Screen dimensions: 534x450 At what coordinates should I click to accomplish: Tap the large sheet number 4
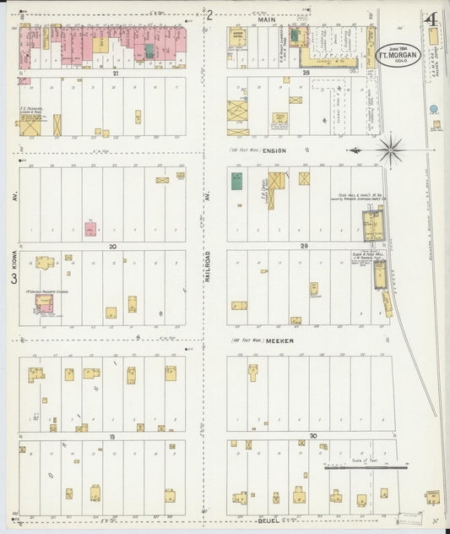tap(431, 19)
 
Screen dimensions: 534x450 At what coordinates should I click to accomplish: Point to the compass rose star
tap(390, 150)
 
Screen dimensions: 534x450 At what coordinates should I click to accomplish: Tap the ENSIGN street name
tap(275, 150)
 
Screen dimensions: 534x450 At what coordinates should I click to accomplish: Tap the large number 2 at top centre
tap(209, 14)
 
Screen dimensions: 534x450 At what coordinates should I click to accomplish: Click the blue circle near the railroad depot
tap(434, 109)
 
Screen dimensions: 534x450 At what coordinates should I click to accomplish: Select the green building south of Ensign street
tap(237, 180)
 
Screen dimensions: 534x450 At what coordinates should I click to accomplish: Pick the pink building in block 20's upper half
tap(90, 228)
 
